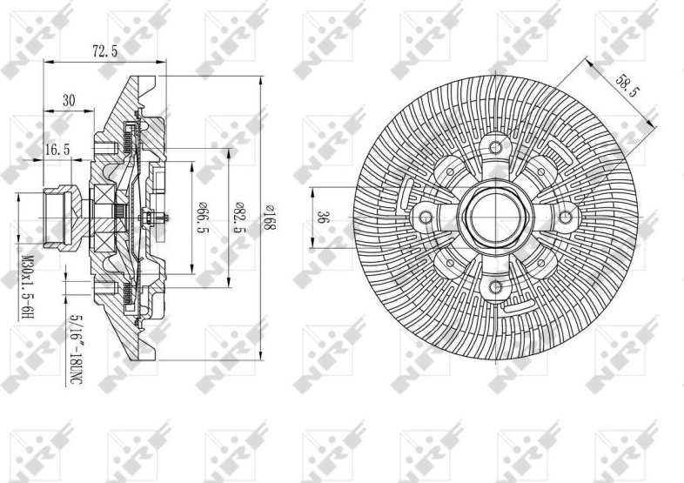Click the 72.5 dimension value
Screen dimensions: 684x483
pos(104,51)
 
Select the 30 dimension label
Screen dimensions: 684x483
pos(69,100)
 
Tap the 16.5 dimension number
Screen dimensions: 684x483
pos(57,150)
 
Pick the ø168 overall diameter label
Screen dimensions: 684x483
pos(270,217)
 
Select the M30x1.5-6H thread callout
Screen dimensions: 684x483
pos(27,287)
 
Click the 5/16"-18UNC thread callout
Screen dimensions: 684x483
pos(76,350)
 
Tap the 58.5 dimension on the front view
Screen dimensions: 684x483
pos(627,86)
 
